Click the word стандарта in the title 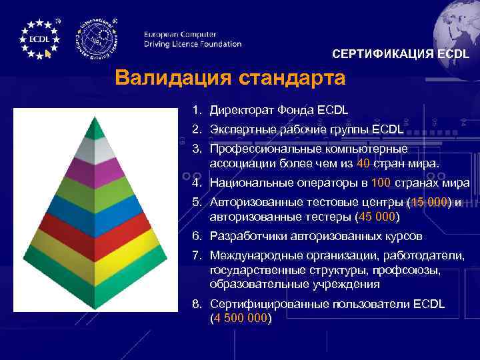pos(287,78)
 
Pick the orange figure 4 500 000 pos(240,318)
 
